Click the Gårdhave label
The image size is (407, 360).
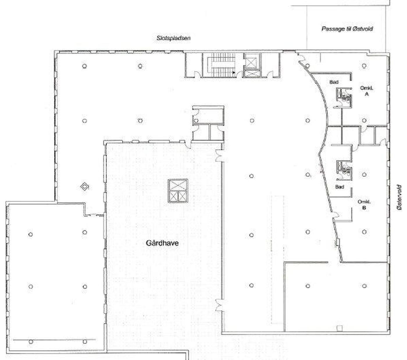click(x=162, y=243)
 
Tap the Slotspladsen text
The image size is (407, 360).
click(x=173, y=38)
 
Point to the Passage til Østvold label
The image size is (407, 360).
click(x=347, y=29)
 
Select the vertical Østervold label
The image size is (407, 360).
click(x=399, y=197)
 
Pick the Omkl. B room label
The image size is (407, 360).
click(x=364, y=205)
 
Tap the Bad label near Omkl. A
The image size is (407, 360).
click(x=334, y=82)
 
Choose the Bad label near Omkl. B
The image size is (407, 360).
click(x=340, y=187)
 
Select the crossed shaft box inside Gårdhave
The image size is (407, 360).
click(x=178, y=191)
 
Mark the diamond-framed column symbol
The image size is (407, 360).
click(x=85, y=186)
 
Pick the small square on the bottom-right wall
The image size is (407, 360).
click(x=339, y=328)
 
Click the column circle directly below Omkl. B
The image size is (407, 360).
click(x=364, y=232)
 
